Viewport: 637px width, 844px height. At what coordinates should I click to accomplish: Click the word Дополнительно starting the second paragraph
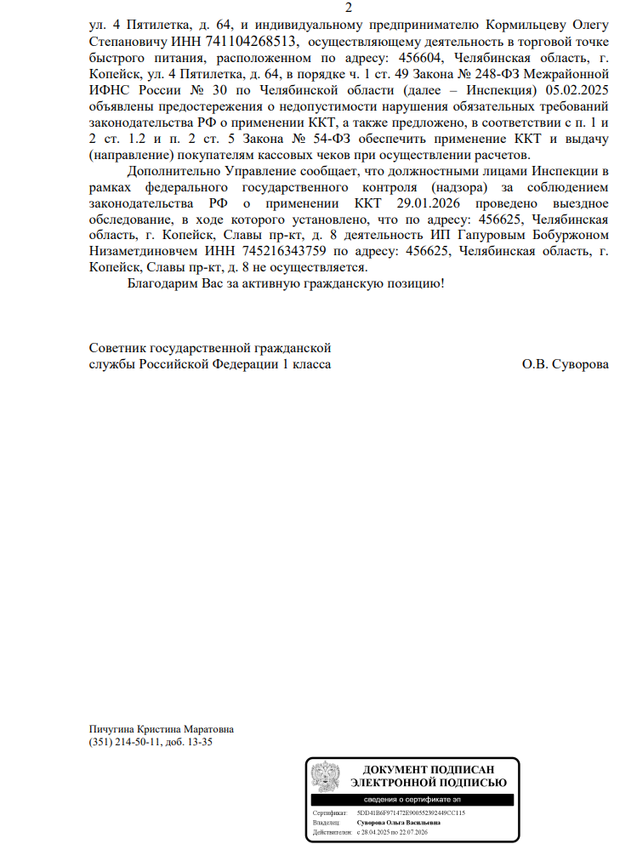pyautogui.click(x=169, y=171)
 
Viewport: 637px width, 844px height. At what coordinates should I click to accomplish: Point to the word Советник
pyautogui.click(x=117, y=348)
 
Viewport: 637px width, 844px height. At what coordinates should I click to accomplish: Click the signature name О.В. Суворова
pyautogui.click(x=566, y=364)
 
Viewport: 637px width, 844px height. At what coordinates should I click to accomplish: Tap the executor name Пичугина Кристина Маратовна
pyautogui.click(x=161, y=729)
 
